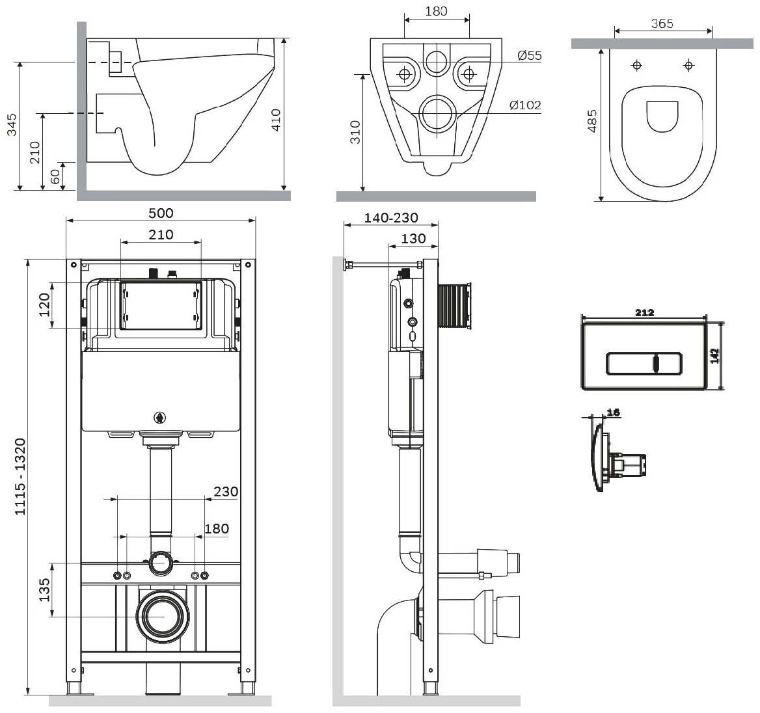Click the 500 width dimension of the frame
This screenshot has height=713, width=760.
click(x=161, y=213)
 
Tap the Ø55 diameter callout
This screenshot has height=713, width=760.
click(x=530, y=56)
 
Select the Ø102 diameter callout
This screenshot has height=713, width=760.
click(x=525, y=105)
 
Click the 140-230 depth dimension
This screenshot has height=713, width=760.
click(x=391, y=218)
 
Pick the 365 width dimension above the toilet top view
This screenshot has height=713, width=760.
click(x=661, y=24)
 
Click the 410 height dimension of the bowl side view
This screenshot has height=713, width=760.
click(x=275, y=121)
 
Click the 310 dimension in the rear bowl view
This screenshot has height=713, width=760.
click(x=355, y=133)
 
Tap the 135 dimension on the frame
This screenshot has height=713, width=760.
click(x=44, y=589)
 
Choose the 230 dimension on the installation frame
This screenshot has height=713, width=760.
click(x=225, y=492)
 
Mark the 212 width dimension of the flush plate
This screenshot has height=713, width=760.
click(x=644, y=313)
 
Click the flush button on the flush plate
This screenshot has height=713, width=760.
click(x=644, y=364)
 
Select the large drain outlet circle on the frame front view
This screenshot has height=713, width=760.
click(x=161, y=615)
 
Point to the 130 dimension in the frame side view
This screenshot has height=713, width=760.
click(x=413, y=239)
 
